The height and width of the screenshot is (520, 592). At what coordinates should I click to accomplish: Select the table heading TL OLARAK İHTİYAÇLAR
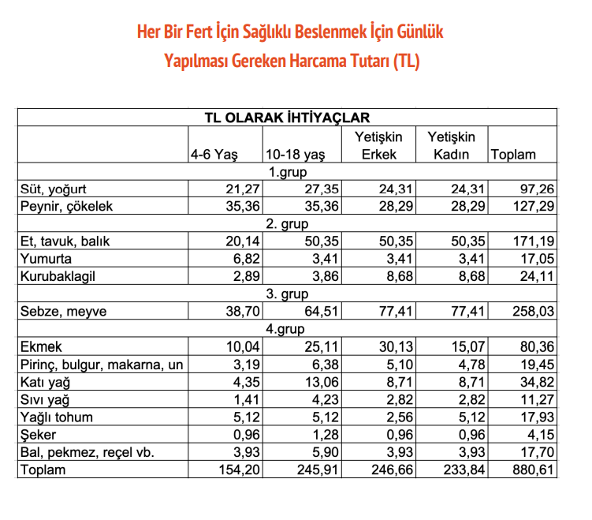[x=287, y=118]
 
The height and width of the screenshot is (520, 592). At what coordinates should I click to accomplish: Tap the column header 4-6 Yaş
[x=214, y=155]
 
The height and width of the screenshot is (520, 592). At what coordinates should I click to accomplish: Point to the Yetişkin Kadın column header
[x=452, y=146]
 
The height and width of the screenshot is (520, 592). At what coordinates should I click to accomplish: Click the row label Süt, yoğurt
[x=52, y=189]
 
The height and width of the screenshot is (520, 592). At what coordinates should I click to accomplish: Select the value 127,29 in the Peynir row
[x=535, y=207]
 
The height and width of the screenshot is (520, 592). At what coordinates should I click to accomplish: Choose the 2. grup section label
[x=287, y=224]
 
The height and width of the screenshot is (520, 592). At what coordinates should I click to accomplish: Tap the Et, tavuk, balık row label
[x=61, y=241]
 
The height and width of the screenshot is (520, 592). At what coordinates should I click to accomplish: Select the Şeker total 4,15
[x=542, y=434]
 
